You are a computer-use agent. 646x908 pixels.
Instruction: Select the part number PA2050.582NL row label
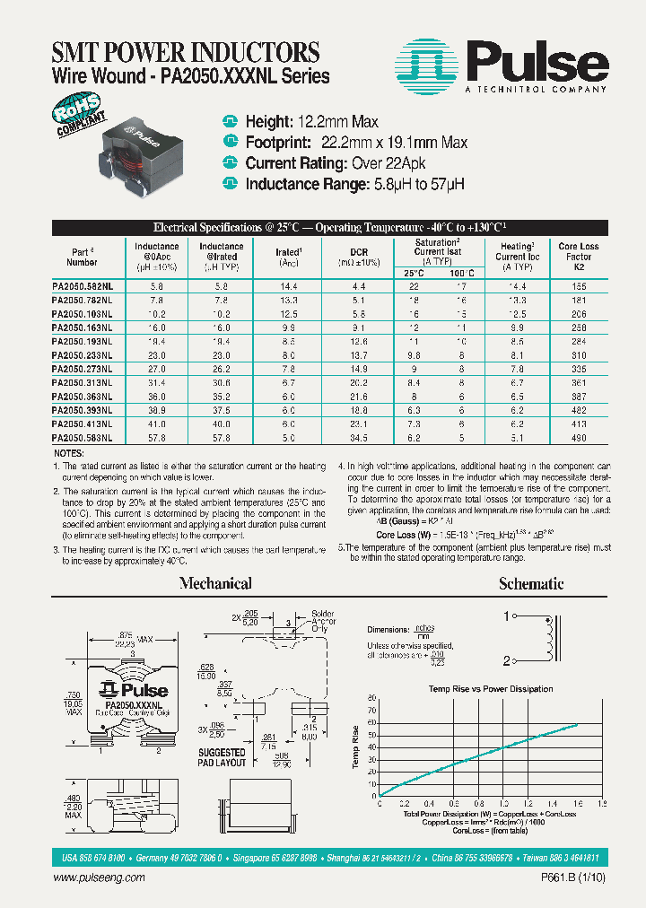click(x=82, y=284)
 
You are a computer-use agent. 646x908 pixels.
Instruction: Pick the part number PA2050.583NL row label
click(x=82, y=438)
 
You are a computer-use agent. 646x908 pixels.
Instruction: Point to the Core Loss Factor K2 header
click(x=578, y=257)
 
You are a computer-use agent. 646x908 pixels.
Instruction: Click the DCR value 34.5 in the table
click(x=358, y=438)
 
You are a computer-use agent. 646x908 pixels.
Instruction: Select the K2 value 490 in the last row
click(x=578, y=438)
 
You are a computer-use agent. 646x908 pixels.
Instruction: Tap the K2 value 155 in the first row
click(x=578, y=284)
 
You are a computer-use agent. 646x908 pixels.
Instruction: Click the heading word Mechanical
click(x=215, y=584)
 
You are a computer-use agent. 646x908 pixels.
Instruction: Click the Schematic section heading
click(x=531, y=584)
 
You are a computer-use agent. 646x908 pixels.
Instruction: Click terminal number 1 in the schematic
click(x=506, y=616)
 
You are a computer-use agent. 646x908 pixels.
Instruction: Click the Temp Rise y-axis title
click(x=356, y=747)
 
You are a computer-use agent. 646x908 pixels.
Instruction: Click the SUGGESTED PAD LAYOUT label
click(x=222, y=757)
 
